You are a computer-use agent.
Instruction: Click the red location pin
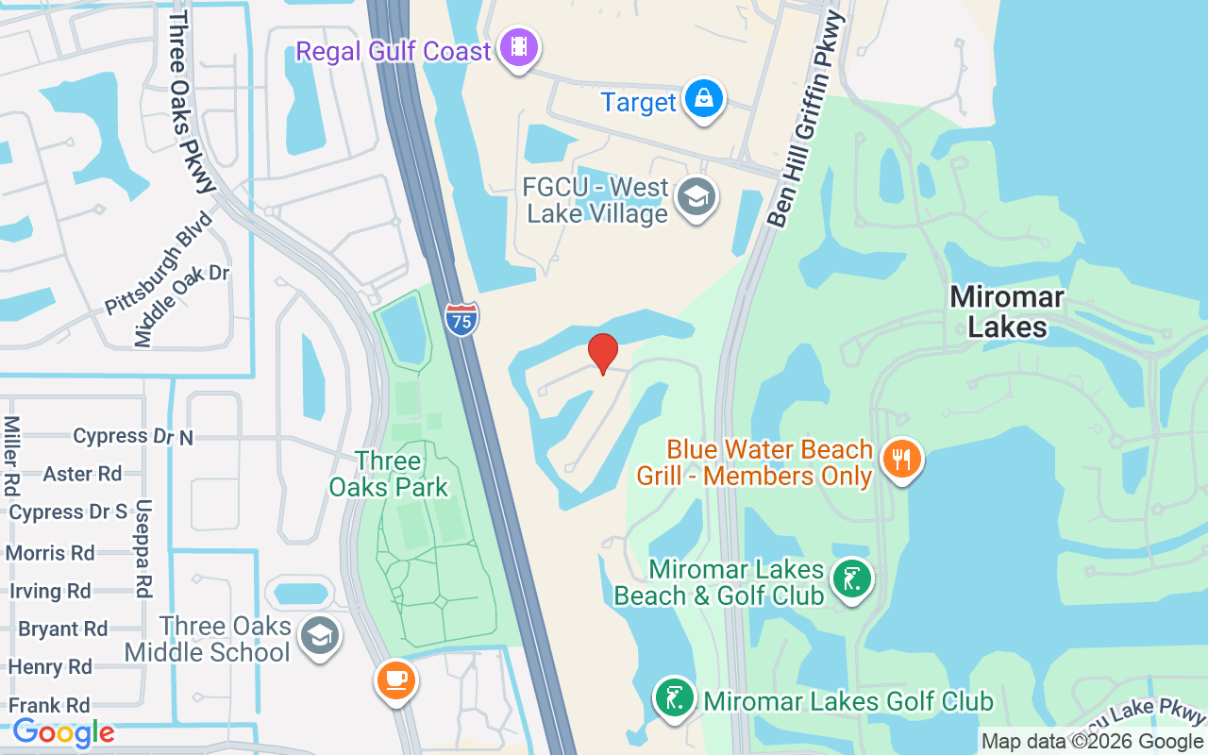click(603, 353)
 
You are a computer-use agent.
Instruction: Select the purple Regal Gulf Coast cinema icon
click(518, 47)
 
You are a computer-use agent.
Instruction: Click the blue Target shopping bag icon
click(703, 98)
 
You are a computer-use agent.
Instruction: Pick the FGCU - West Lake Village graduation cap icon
click(697, 197)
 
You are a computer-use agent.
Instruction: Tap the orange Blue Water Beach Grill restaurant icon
click(902, 460)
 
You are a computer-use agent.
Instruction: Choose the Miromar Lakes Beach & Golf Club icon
click(852, 579)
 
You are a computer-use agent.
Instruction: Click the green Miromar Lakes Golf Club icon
click(674, 699)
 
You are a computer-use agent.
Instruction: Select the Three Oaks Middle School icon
click(319, 635)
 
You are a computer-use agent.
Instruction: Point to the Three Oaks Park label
click(389, 474)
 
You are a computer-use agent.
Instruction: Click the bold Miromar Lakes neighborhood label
click(1006, 311)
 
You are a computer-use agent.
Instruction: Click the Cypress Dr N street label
click(133, 436)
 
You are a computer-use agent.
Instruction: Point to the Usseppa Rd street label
click(143, 548)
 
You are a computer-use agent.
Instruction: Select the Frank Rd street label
click(49, 705)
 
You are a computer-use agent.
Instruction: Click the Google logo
click(63, 732)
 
